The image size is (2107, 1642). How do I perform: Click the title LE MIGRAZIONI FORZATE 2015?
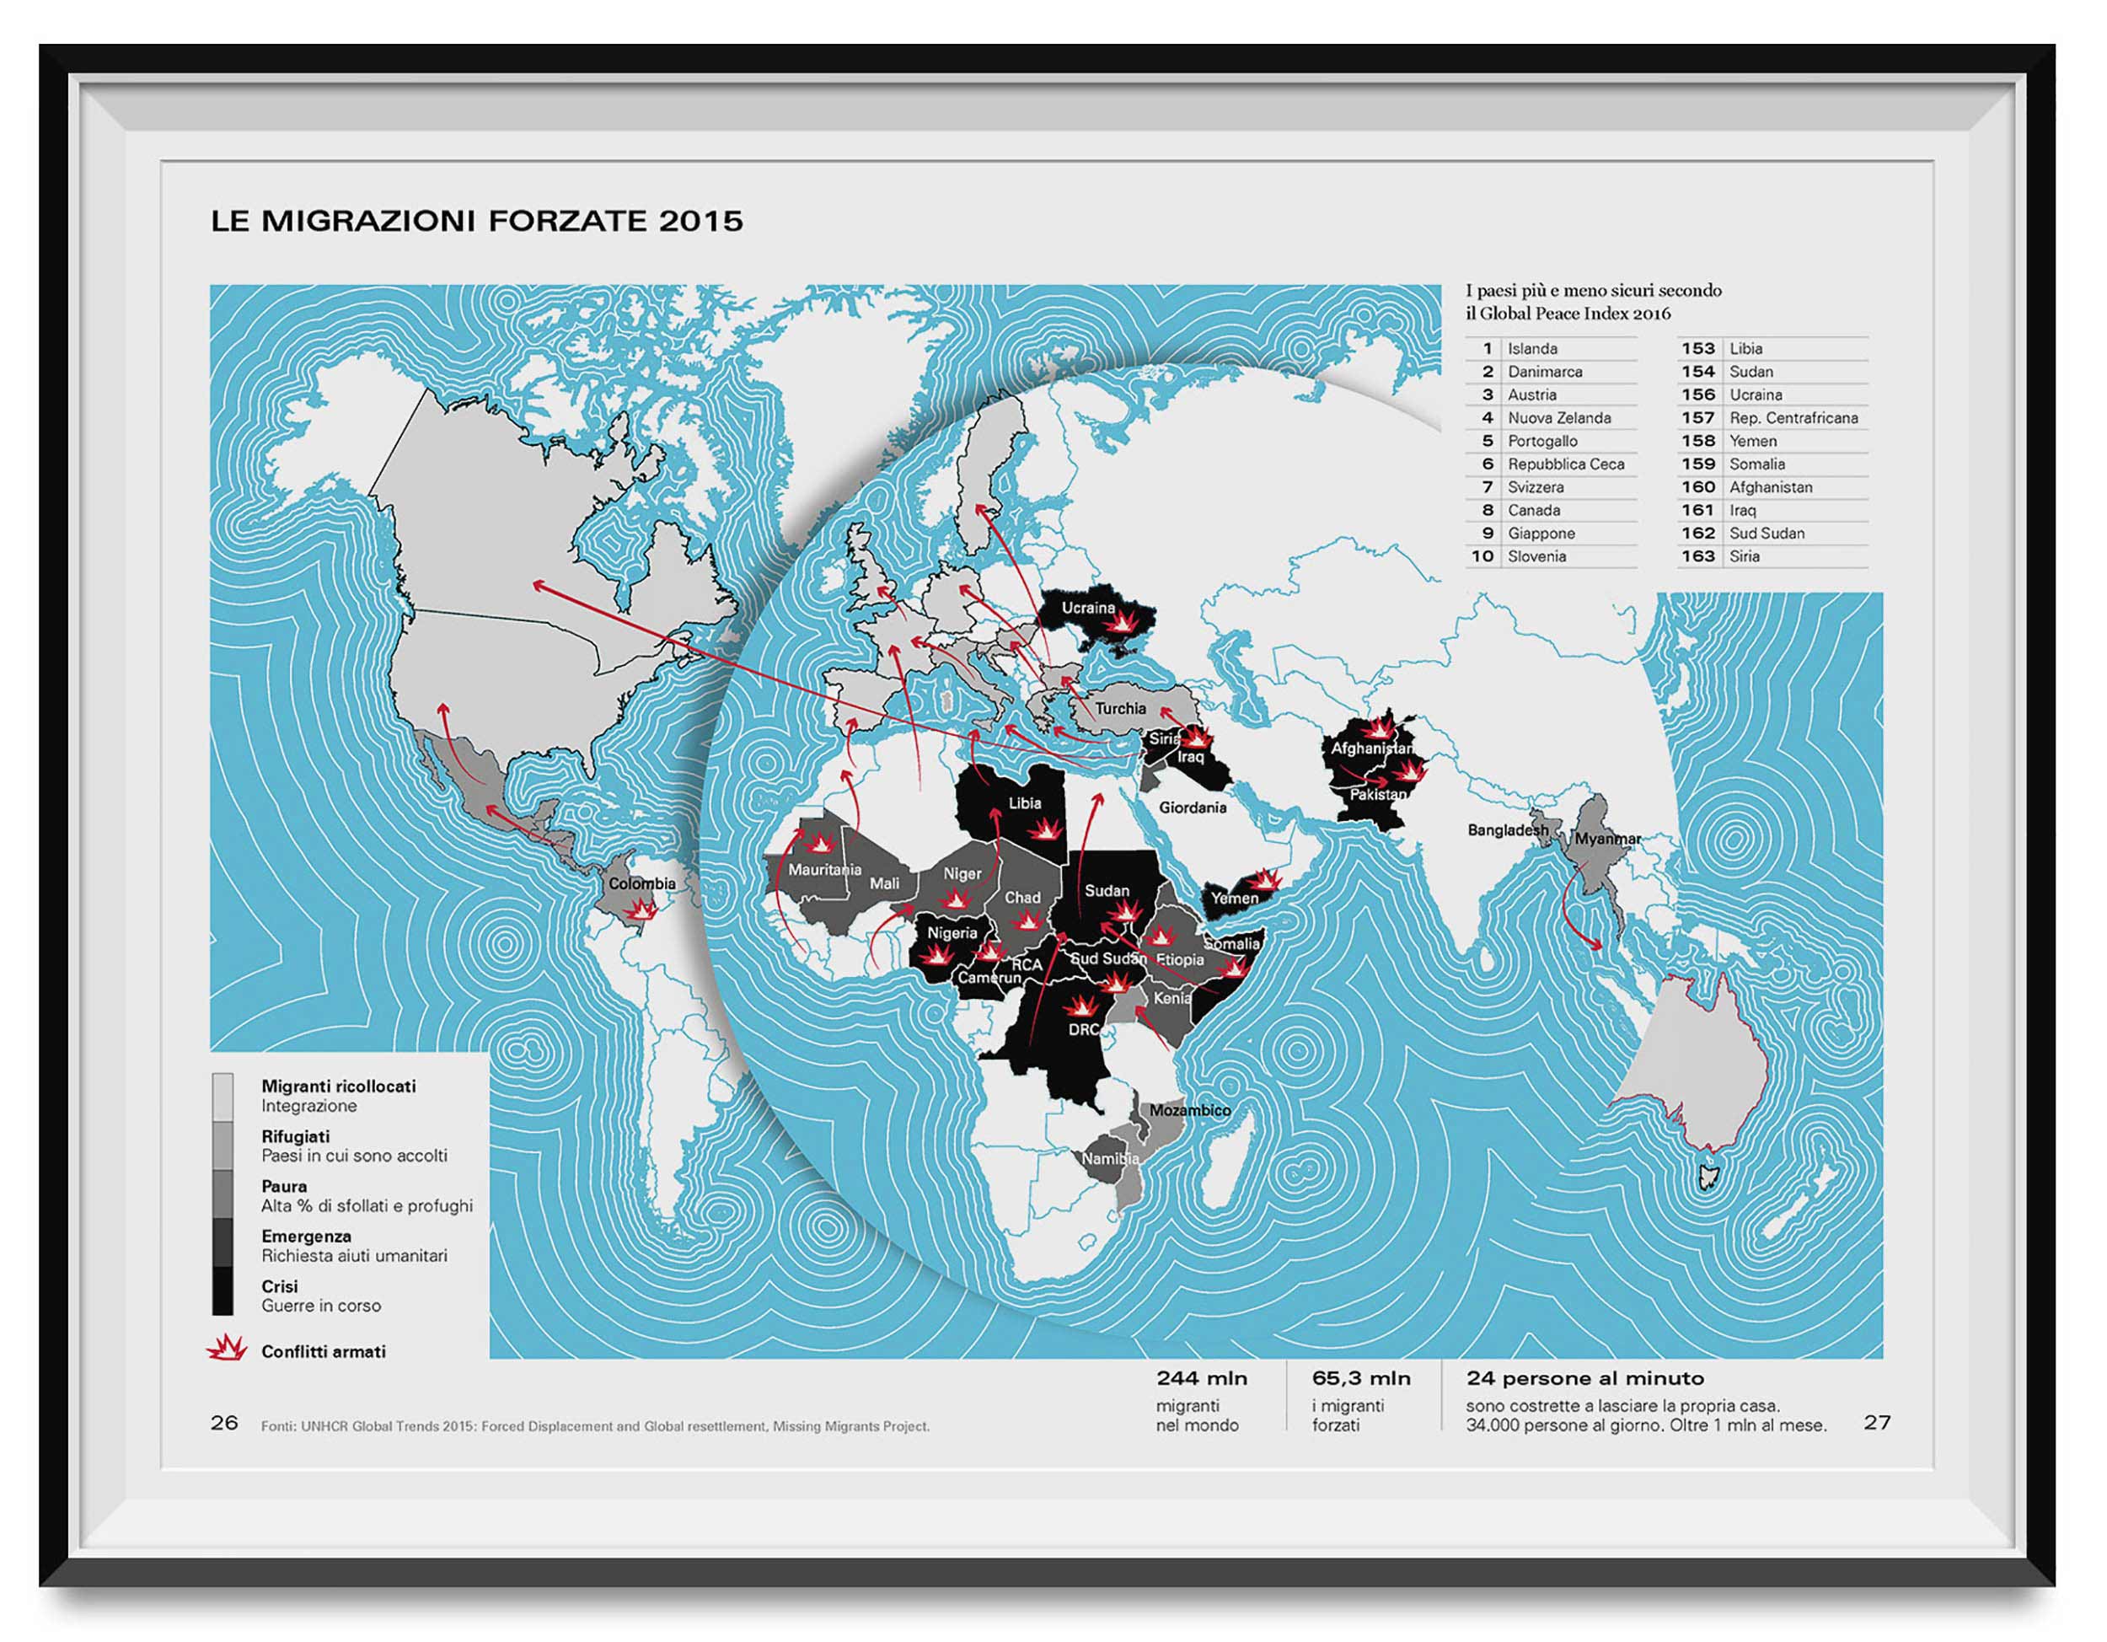point(476,221)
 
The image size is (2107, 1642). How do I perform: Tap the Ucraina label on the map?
point(1087,608)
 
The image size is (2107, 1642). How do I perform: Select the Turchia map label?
point(1120,708)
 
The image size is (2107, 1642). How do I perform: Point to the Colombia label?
point(641,883)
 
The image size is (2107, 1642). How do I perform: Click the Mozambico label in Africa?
point(1189,1110)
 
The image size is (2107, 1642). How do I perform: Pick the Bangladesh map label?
point(1507,829)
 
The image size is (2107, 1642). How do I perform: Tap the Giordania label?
point(1193,808)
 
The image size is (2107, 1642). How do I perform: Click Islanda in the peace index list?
point(1532,348)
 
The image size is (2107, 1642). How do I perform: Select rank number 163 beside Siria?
point(1698,555)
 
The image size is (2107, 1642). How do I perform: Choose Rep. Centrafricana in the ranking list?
point(1793,418)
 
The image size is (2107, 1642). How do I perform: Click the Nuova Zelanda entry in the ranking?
point(1559,418)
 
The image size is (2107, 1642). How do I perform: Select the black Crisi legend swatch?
point(222,1291)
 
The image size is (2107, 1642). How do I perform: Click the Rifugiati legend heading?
point(295,1136)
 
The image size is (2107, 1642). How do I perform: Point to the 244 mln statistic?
point(1201,1379)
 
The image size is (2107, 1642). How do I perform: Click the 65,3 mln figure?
point(1360,1379)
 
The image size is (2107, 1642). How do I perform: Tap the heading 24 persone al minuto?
point(1584,1379)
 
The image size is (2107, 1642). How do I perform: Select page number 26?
point(224,1423)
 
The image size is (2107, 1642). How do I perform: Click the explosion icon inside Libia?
point(1044,829)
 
